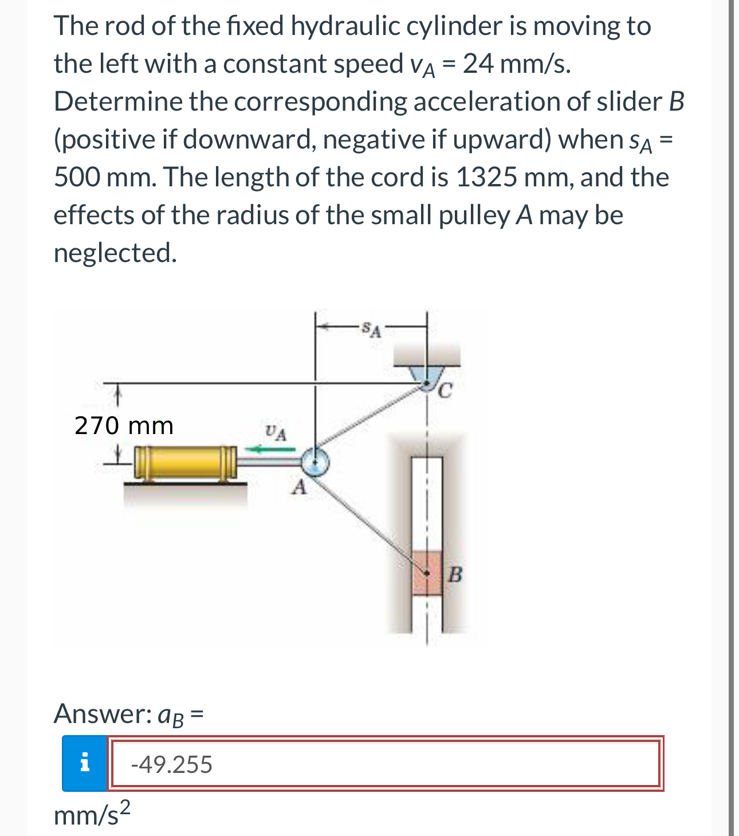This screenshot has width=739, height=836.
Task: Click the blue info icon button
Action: pyautogui.click(x=84, y=763)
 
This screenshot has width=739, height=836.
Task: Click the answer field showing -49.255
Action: pyautogui.click(x=384, y=764)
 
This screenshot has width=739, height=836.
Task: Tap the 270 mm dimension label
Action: pyautogui.click(x=124, y=425)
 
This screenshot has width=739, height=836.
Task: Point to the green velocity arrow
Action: pyautogui.click(x=269, y=450)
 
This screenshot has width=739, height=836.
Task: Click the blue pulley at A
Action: pyautogui.click(x=315, y=462)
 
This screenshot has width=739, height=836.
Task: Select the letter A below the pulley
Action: pyautogui.click(x=298, y=488)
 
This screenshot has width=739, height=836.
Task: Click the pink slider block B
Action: pyautogui.click(x=427, y=573)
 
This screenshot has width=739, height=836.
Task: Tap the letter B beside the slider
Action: pyautogui.click(x=454, y=573)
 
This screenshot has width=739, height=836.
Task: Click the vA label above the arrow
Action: pyautogui.click(x=276, y=432)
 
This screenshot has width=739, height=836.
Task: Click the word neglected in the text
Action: pyautogui.click(x=115, y=252)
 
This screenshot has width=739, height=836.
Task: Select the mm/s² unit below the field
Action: pyautogui.click(x=92, y=814)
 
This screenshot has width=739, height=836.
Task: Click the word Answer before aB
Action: pyautogui.click(x=101, y=714)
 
